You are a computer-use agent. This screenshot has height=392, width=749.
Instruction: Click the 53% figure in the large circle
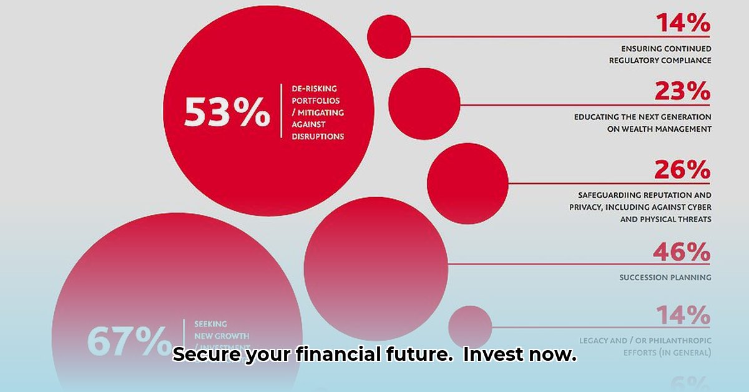[x=227, y=113]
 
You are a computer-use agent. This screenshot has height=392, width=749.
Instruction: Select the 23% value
[x=682, y=92]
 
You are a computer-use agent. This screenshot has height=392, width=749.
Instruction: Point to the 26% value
[x=682, y=170]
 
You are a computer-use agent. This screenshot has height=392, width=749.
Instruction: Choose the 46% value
[x=682, y=252]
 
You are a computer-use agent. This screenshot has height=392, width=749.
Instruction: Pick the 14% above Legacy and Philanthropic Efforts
[x=682, y=315]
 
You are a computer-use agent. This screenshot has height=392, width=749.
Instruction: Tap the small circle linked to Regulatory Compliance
[x=389, y=36]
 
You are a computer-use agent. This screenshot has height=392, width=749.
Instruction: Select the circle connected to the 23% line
[x=424, y=104]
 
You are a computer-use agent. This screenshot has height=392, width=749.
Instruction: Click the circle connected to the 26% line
[x=468, y=184]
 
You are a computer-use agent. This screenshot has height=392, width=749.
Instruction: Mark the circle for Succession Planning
[x=376, y=269]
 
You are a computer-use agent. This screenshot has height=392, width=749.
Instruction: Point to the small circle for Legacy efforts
[x=470, y=327]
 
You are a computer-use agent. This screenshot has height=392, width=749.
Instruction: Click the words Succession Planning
[x=665, y=277]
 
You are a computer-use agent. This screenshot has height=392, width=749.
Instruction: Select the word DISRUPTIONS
[x=318, y=136]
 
